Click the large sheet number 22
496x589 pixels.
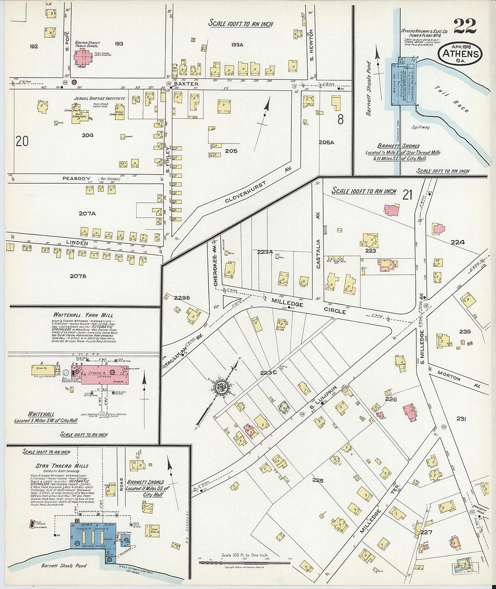(x=464, y=26)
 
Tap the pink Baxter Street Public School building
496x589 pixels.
(x=83, y=57)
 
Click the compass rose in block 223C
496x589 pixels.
(x=222, y=386)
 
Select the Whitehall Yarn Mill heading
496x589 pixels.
(x=83, y=315)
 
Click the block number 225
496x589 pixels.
(x=317, y=480)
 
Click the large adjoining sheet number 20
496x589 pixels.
(x=22, y=141)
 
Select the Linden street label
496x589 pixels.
(x=77, y=243)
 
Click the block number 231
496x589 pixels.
(x=460, y=419)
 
